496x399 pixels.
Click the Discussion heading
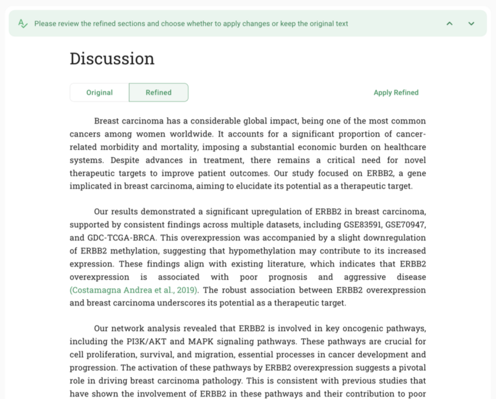coord(112,58)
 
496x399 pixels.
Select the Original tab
coord(100,93)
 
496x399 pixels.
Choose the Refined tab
coord(159,93)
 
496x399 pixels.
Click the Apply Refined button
coord(396,93)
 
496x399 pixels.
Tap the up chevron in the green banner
coord(449,24)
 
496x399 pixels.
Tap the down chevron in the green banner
coord(471,24)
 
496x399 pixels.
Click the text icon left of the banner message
coord(22,23)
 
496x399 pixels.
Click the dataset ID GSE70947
coord(407,225)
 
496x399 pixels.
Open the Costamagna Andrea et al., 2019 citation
coord(134,290)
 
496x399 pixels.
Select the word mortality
coord(180,147)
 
